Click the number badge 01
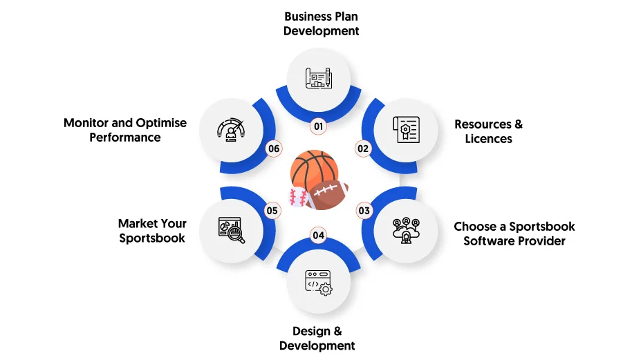[318, 126]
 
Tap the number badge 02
[363, 149]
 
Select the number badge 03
[364, 211]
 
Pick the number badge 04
[318, 236]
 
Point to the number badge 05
[272, 211]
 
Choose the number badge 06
[274, 149]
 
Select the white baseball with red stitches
[298, 197]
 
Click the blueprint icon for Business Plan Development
[318, 78]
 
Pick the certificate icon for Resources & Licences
[407, 130]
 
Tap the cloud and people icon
[407, 231]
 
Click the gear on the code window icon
[325, 289]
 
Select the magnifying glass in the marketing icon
[235, 235]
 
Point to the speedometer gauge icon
[230, 130]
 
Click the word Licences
[488, 138]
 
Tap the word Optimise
[161, 123]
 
